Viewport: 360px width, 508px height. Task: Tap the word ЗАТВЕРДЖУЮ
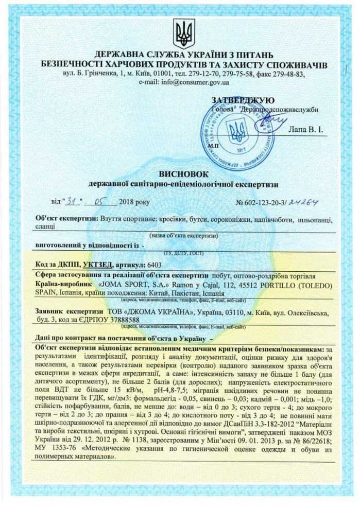click(243, 100)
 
